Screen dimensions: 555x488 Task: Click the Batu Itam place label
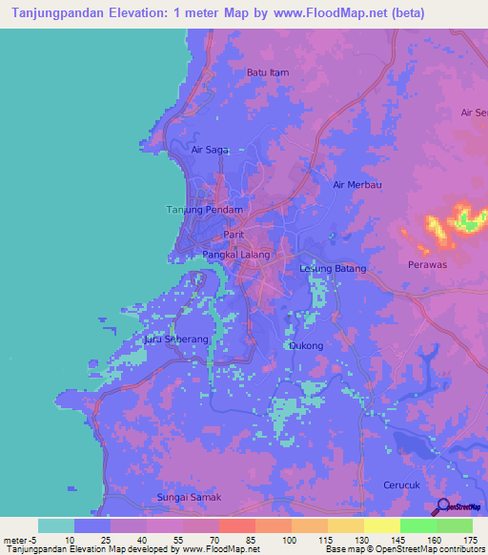coord(267,72)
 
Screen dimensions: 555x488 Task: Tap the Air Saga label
coord(211,150)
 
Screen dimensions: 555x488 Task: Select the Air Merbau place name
coord(356,185)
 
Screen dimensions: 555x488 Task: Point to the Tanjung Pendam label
coord(206,210)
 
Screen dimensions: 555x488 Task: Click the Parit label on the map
coord(234,234)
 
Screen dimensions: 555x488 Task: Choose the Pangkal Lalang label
coord(235,255)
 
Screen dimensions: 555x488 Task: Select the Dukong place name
coord(305,345)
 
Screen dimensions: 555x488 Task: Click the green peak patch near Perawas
coord(468,220)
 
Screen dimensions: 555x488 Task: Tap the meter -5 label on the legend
coord(19,539)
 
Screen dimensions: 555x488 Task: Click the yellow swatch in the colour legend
coord(381,525)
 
